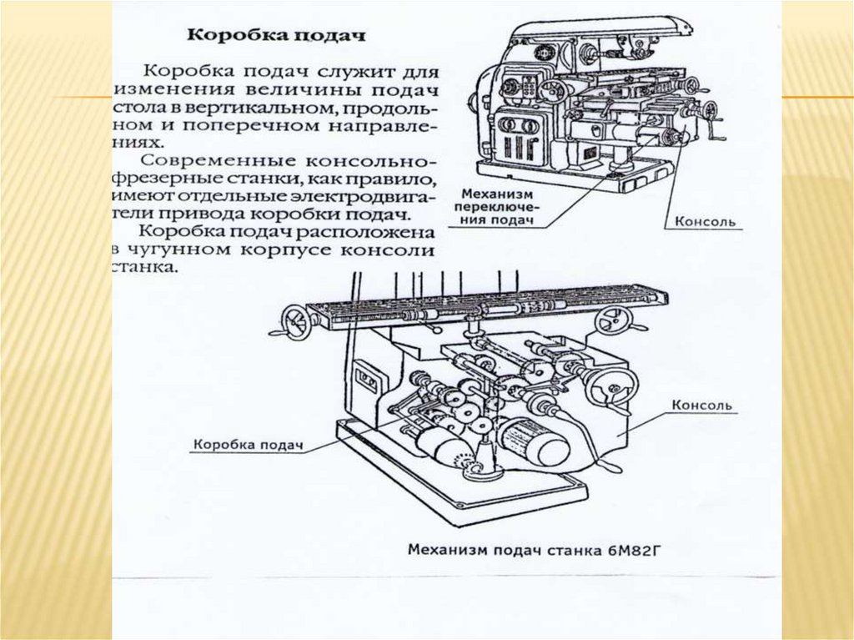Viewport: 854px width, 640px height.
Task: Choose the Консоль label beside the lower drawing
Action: point(703,406)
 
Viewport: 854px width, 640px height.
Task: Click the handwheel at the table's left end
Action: point(294,319)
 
